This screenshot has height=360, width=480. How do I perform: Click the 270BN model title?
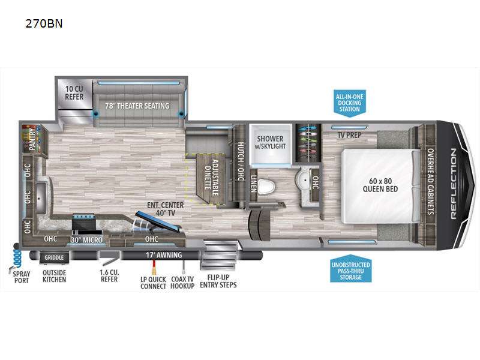coord(44,23)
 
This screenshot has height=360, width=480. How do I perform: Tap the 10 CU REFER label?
coord(74,93)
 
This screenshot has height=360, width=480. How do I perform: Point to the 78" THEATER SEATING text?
coord(137,106)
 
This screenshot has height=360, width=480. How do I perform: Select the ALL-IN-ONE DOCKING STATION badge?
coord(350,103)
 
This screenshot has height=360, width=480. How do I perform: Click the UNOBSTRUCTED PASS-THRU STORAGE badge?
coord(351,269)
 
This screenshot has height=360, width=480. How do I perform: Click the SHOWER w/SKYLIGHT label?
coord(271,142)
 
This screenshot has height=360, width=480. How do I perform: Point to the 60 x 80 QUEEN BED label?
coord(380,185)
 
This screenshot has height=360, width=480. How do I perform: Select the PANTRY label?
coord(32,139)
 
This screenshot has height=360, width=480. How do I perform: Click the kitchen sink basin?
coord(41,197)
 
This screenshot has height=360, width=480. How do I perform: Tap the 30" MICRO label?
coord(86,240)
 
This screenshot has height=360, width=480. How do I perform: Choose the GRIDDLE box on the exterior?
coord(54,257)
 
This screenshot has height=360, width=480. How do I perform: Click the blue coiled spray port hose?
coord(17,257)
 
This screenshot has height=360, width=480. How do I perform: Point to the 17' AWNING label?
coord(164,255)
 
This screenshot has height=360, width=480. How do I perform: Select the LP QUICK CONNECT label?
coord(153,283)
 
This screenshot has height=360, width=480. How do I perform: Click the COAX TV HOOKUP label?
coord(182,283)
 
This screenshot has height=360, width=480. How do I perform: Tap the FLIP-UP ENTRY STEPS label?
coord(218,281)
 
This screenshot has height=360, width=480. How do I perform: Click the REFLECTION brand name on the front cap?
coord(454,184)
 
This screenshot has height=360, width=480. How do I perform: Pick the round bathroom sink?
coord(303,178)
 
